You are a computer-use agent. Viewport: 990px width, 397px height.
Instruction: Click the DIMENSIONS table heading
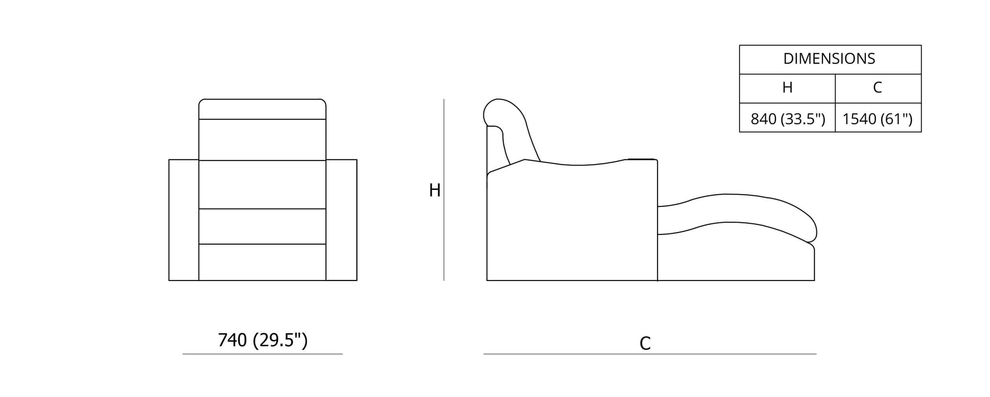[829, 59]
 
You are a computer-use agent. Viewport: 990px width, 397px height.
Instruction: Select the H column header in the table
[787, 88]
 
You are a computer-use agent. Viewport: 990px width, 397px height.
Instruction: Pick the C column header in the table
[877, 88]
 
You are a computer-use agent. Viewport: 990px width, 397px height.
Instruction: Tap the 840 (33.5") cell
[788, 119]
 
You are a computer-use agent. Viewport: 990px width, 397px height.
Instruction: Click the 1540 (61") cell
[877, 119]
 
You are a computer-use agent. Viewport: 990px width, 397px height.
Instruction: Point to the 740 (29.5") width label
[263, 340]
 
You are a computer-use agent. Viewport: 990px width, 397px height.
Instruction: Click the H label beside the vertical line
[435, 190]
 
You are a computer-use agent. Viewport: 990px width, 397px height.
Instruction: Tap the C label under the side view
[645, 343]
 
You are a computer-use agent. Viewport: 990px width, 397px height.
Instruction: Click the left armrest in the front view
[184, 220]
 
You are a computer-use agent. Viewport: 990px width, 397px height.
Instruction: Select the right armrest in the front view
[341, 220]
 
